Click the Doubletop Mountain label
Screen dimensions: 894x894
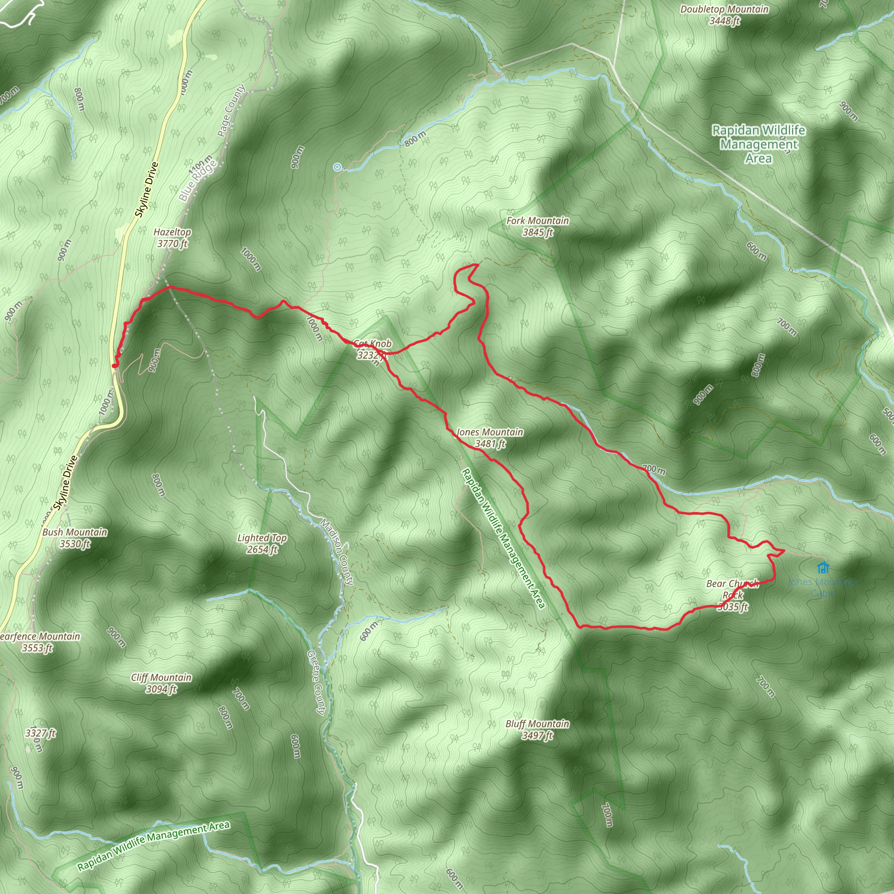tap(724, 15)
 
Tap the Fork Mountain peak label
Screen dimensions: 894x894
tap(537, 226)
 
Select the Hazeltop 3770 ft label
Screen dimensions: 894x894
tap(172, 237)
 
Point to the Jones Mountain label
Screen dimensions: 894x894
tap(490, 437)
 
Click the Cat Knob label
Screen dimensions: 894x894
tap(372, 349)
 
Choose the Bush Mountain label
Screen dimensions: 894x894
tap(75, 538)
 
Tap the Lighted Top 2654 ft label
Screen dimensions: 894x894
tap(262, 543)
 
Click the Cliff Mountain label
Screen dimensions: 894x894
tap(161, 683)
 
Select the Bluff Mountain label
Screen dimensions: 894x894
tap(537, 729)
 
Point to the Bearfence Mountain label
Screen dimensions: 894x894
tap(39, 642)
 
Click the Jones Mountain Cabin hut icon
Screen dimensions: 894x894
tap(823, 567)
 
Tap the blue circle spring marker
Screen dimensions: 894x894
tap(337, 167)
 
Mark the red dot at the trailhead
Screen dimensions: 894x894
tap(114, 366)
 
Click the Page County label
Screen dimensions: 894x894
tap(231, 110)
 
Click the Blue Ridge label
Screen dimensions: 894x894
tap(198, 180)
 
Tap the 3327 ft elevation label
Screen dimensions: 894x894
tap(40, 733)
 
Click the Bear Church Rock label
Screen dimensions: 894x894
tap(732, 595)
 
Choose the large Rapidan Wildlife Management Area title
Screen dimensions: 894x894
tap(758, 144)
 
